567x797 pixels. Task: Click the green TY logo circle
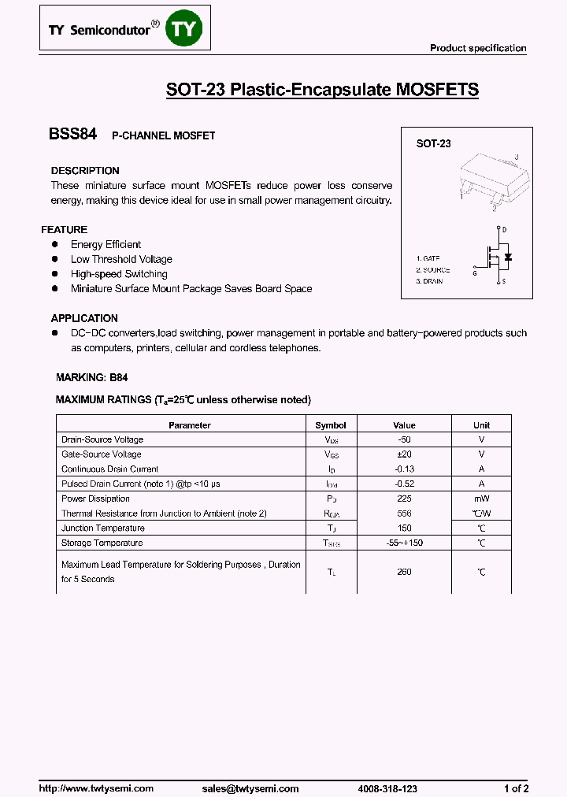[x=187, y=29]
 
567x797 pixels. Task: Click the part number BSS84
[x=72, y=135]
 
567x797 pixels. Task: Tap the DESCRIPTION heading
[x=85, y=171]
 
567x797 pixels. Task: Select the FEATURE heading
[x=64, y=230]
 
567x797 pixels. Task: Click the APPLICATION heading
[x=84, y=318]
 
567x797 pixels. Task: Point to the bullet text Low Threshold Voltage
[x=121, y=259]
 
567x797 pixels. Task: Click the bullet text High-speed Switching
[x=119, y=274]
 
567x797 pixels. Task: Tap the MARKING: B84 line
[x=91, y=377]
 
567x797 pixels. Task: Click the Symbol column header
[x=331, y=425]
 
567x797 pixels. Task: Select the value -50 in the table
[x=404, y=439]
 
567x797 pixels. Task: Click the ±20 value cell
[x=404, y=454]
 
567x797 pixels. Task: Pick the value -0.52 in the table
[x=404, y=484]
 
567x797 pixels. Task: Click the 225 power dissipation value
[x=404, y=499]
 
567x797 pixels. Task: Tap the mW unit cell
[x=481, y=499]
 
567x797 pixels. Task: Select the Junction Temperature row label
[x=103, y=528]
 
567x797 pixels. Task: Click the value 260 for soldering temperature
[x=404, y=572]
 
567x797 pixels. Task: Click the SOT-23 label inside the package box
[x=433, y=144]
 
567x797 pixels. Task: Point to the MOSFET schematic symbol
[x=496, y=256]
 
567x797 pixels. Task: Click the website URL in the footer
[x=96, y=788]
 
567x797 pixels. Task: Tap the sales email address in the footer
[x=250, y=788]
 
